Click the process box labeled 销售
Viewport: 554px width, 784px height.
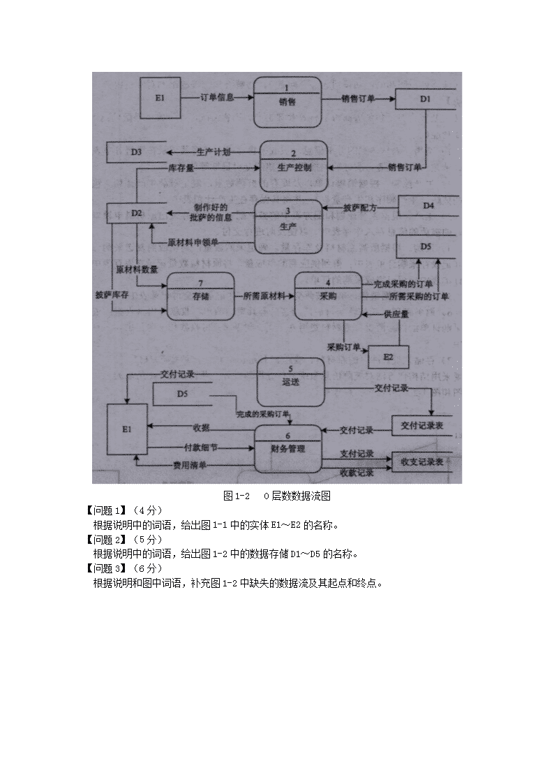coord(287,102)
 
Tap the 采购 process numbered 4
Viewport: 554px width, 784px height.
coord(328,296)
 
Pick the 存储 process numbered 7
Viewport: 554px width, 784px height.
coord(200,296)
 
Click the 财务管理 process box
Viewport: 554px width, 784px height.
coord(288,448)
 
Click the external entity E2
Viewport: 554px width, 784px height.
coord(388,357)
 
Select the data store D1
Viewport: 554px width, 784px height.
coord(425,99)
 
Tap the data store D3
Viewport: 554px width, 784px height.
coord(137,151)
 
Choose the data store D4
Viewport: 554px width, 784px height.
coord(428,206)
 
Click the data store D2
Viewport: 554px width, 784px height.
coord(137,212)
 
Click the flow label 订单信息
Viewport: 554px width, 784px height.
coord(216,98)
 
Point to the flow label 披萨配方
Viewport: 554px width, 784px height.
coord(360,208)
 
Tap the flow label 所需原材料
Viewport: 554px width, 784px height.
coord(264,296)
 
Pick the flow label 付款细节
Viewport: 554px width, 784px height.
coord(200,447)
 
